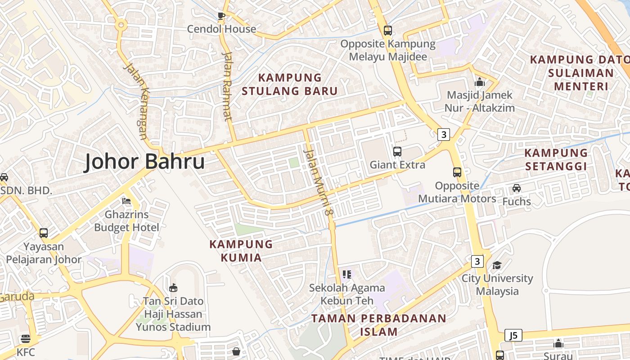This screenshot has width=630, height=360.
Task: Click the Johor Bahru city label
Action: pos(144,162)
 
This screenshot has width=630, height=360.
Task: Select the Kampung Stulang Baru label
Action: pos(289,84)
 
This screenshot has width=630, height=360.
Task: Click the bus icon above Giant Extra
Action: pos(397,152)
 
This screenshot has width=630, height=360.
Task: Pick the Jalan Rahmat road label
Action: pos(227,86)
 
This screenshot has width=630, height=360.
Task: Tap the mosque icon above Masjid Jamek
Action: pos(479,82)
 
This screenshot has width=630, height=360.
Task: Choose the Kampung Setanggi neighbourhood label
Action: pos(556,160)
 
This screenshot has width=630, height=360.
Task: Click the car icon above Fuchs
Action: pos(517,188)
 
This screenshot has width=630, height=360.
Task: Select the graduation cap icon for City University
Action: pos(497,265)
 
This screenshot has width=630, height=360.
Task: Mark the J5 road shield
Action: pos(513,335)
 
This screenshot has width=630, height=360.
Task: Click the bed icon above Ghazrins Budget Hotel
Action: pos(126,201)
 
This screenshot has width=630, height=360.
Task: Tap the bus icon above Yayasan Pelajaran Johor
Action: pos(44,233)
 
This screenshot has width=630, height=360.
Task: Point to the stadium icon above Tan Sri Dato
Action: pos(173,288)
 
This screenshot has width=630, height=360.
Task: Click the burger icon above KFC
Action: pos(26,339)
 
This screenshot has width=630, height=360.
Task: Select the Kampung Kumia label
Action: pos(241,251)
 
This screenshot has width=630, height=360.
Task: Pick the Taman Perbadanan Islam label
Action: pos(379,325)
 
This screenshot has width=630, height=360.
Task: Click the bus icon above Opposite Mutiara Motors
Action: pos(457,172)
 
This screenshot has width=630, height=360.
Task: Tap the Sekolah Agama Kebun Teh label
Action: pos(347,294)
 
